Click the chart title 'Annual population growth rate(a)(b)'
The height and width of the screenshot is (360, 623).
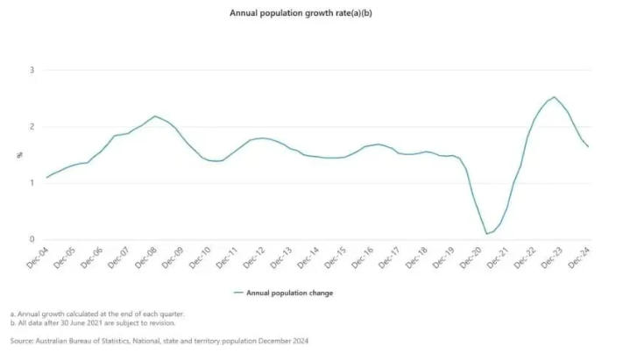tap(311, 13)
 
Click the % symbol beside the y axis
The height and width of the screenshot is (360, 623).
tap(19, 156)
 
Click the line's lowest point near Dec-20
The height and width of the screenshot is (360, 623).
tap(486, 234)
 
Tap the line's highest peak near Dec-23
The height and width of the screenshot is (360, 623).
tap(554, 97)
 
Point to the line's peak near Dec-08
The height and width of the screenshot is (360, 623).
tap(155, 116)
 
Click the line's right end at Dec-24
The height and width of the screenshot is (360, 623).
tap(587, 146)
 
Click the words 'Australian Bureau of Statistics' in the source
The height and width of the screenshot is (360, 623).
tap(84, 340)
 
